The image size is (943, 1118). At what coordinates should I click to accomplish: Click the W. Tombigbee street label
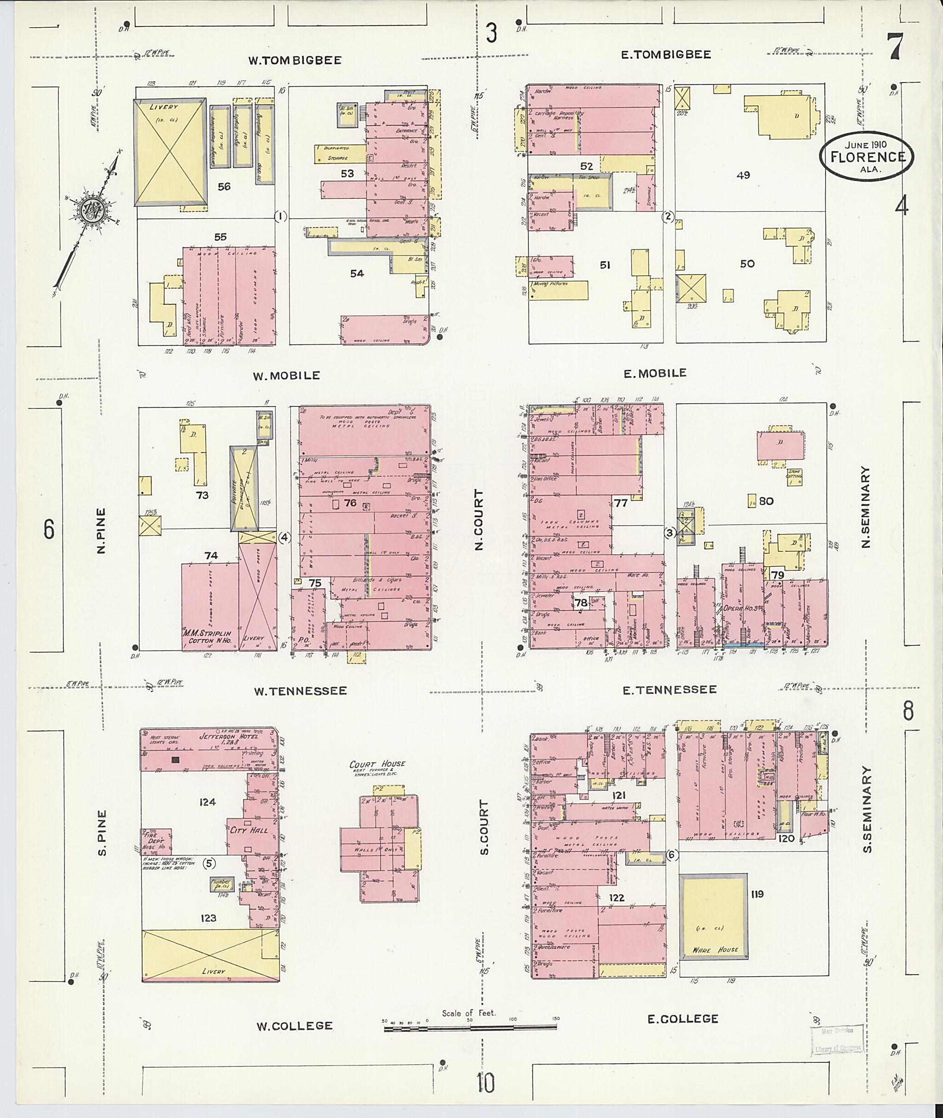(x=295, y=60)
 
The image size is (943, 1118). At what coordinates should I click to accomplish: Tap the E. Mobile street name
(x=655, y=374)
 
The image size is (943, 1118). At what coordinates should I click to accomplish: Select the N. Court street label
(x=478, y=520)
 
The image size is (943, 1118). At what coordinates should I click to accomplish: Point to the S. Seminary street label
(x=866, y=809)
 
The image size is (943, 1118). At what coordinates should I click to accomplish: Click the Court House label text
(x=377, y=764)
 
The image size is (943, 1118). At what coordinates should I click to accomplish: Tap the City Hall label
(x=249, y=830)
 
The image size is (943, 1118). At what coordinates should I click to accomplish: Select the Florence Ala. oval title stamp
(x=867, y=156)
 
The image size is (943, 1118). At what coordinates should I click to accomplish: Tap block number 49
(x=743, y=175)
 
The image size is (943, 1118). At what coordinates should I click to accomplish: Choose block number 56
(x=224, y=186)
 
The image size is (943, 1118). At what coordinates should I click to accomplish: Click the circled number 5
(x=209, y=863)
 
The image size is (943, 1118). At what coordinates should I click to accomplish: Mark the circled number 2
(x=667, y=216)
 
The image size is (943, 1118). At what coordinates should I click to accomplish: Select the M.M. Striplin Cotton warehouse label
(x=207, y=637)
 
